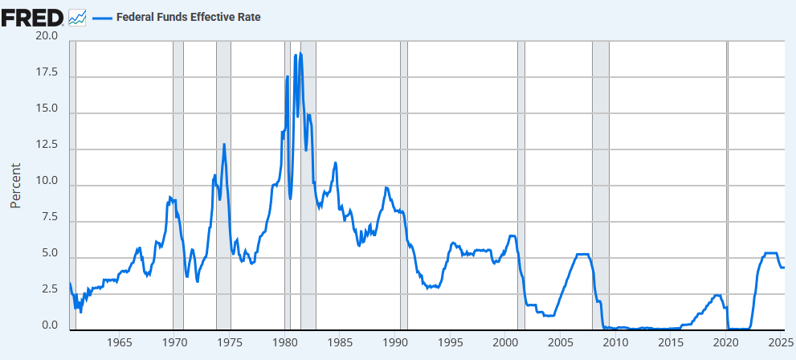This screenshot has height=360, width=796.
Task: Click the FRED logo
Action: [x=32, y=16]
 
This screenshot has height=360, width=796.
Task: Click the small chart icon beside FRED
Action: [x=78, y=17]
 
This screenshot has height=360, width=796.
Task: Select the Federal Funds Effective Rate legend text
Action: [x=189, y=17]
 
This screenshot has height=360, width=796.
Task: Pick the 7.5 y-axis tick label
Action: [x=47, y=218]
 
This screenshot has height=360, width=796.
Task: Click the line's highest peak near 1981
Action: [x=300, y=54]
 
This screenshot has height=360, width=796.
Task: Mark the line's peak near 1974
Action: [x=224, y=144]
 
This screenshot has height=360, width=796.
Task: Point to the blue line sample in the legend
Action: [x=102, y=17]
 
